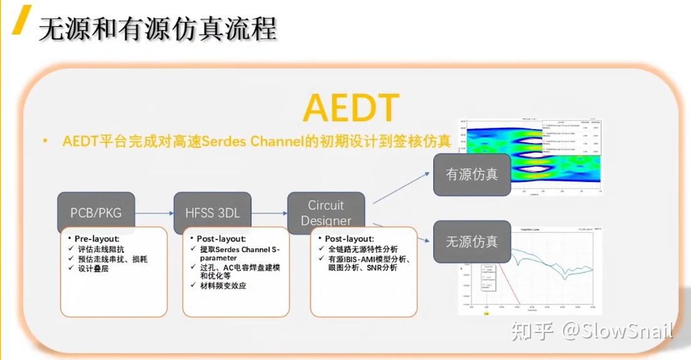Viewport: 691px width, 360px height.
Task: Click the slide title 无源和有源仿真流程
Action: [157, 29]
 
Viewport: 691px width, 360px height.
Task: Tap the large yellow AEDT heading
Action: [351, 109]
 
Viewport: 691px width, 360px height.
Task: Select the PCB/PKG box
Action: [96, 213]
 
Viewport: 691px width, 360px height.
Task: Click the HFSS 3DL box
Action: [212, 213]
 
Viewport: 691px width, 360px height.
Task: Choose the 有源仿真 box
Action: [472, 174]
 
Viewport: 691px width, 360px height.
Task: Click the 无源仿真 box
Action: [472, 241]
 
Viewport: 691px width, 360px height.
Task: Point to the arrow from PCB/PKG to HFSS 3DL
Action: [154, 213]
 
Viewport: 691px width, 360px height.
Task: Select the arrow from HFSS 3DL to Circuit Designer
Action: [268, 213]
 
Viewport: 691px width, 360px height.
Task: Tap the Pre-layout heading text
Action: [97, 239]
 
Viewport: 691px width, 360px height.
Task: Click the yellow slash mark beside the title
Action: [23, 19]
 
